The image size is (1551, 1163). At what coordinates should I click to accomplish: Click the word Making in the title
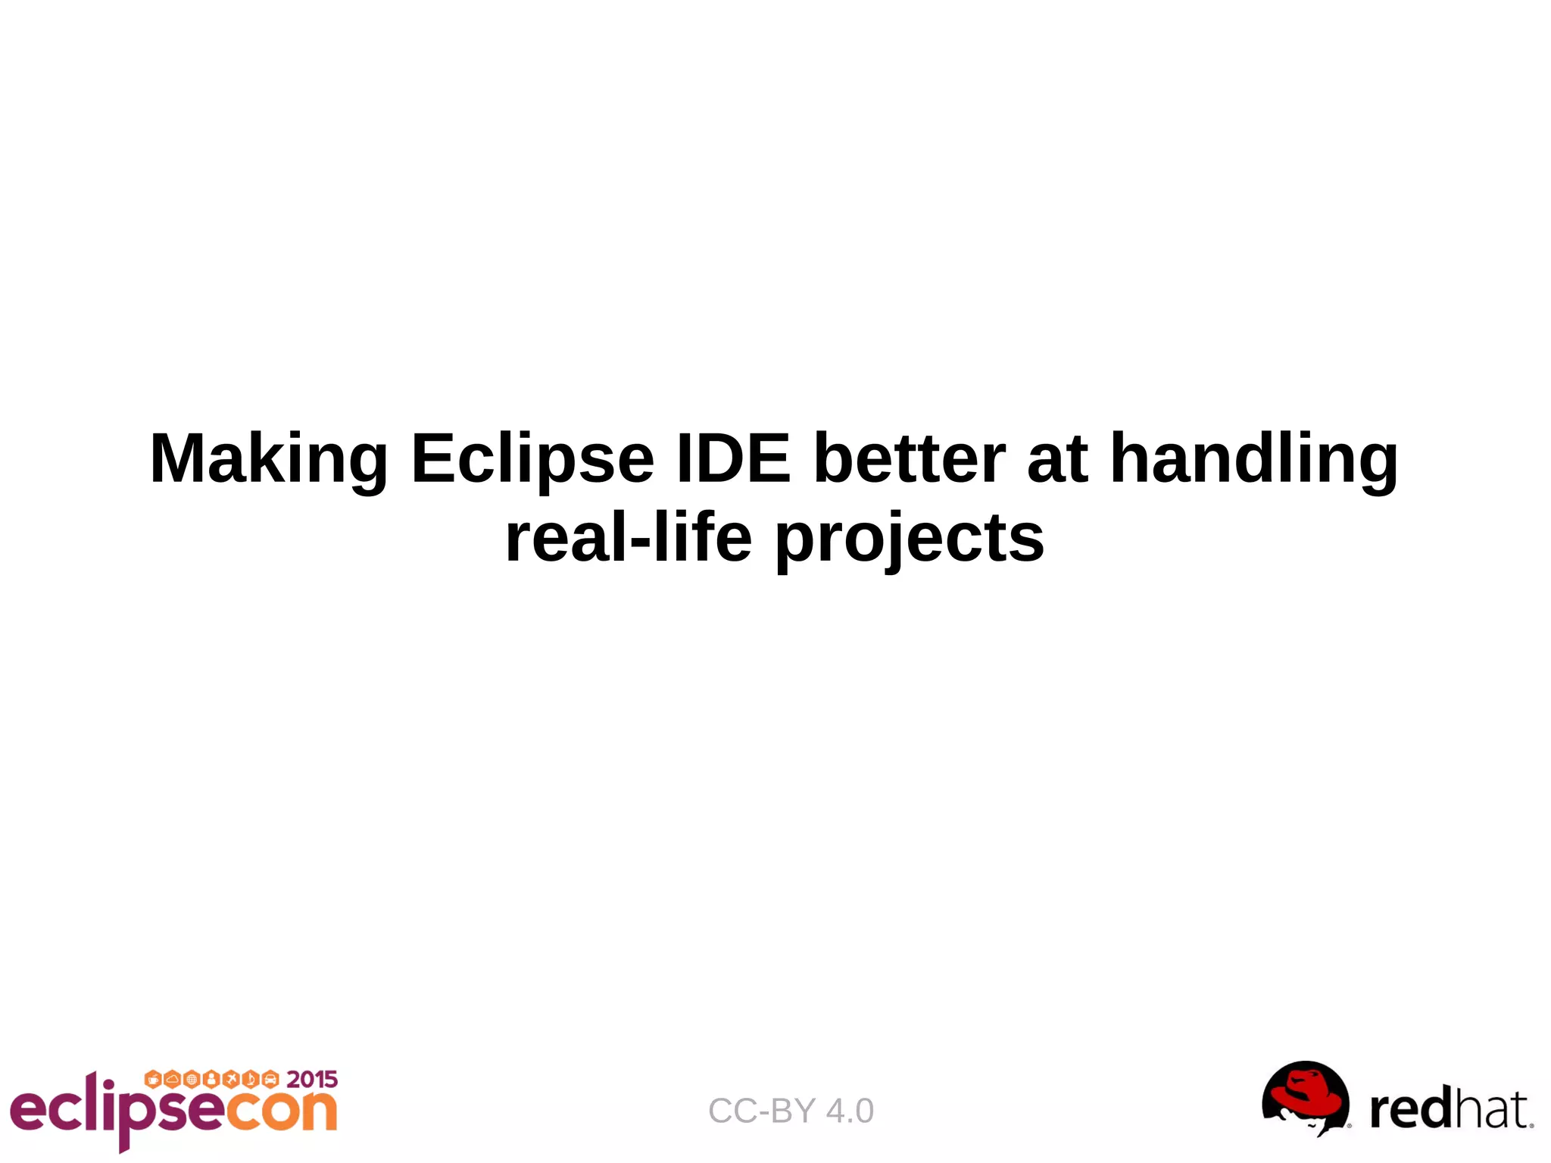(269, 460)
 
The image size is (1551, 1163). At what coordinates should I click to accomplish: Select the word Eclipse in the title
(532, 460)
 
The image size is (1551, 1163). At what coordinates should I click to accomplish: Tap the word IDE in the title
(732, 458)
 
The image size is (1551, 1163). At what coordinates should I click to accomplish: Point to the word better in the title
(909, 458)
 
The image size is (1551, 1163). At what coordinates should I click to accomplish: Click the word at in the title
(1057, 460)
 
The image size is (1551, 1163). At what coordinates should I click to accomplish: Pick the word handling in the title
(1253, 460)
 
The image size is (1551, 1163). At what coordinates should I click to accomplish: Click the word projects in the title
(909, 539)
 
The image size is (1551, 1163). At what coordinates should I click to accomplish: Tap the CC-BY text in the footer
(762, 1111)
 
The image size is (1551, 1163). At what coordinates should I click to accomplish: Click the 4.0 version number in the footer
(850, 1111)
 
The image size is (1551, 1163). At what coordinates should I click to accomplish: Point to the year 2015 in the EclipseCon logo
(312, 1079)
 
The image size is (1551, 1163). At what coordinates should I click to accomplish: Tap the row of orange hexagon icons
(211, 1079)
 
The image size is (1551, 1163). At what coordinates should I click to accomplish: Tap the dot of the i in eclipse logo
(111, 1086)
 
